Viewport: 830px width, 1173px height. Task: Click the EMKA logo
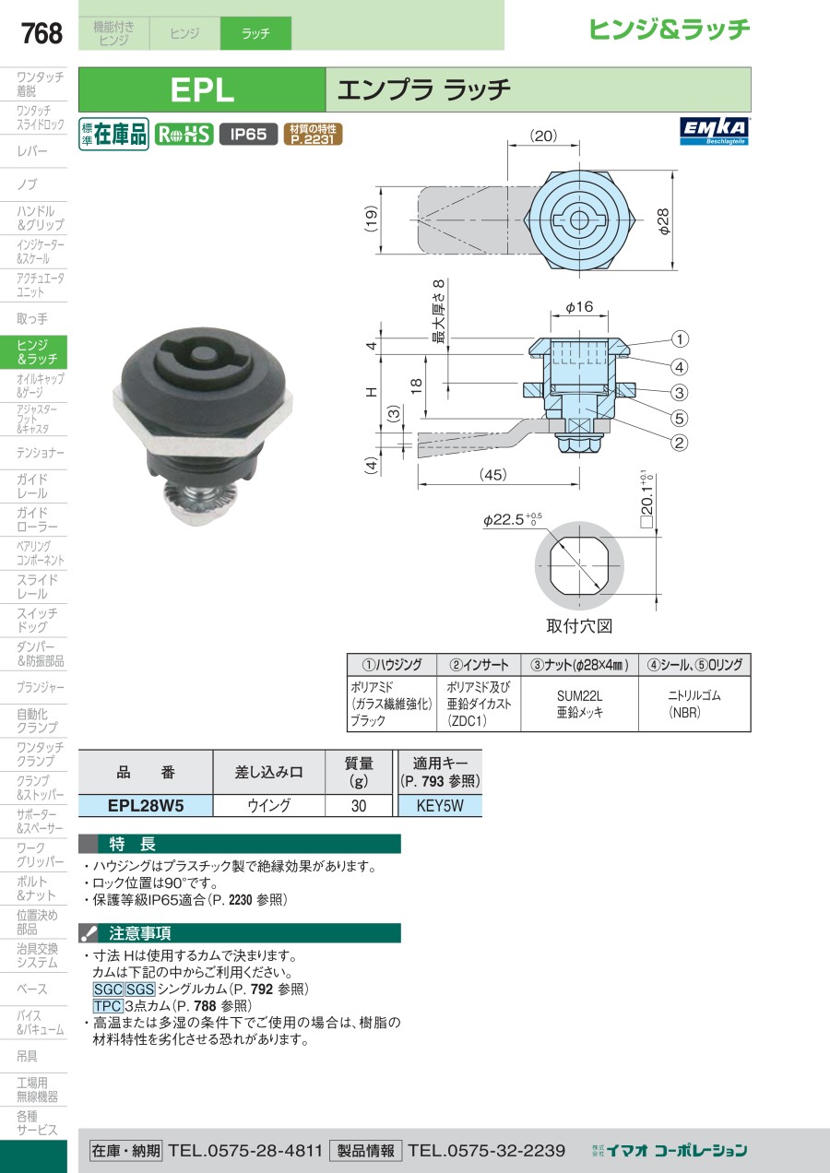pyautogui.click(x=715, y=132)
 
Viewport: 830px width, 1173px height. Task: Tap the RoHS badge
pyautogui.click(x=184, y=135)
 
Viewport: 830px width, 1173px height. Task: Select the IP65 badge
pyautogui.click(x=248, y=134)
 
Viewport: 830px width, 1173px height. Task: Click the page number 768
pyautogui.click(x=41, y=33)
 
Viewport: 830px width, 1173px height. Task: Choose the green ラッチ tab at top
pyautogui.click(x=255, y=33)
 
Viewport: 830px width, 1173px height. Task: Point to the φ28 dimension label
pyautogui.click(x=663, y=221)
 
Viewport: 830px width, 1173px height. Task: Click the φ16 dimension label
pyautogui.click(x=579, y=306)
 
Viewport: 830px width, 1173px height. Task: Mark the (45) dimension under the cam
pyautogui.click(x=492, y=474)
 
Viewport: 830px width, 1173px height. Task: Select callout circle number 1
pyautogui.click(x=680, y=339)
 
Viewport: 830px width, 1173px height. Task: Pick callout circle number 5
pyautogui.click(x=679, y=418)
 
